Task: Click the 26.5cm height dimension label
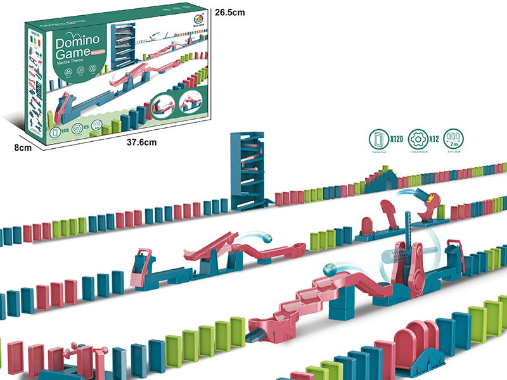230,11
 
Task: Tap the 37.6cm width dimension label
141,142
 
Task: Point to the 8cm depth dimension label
23,148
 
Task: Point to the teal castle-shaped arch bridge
382,178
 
